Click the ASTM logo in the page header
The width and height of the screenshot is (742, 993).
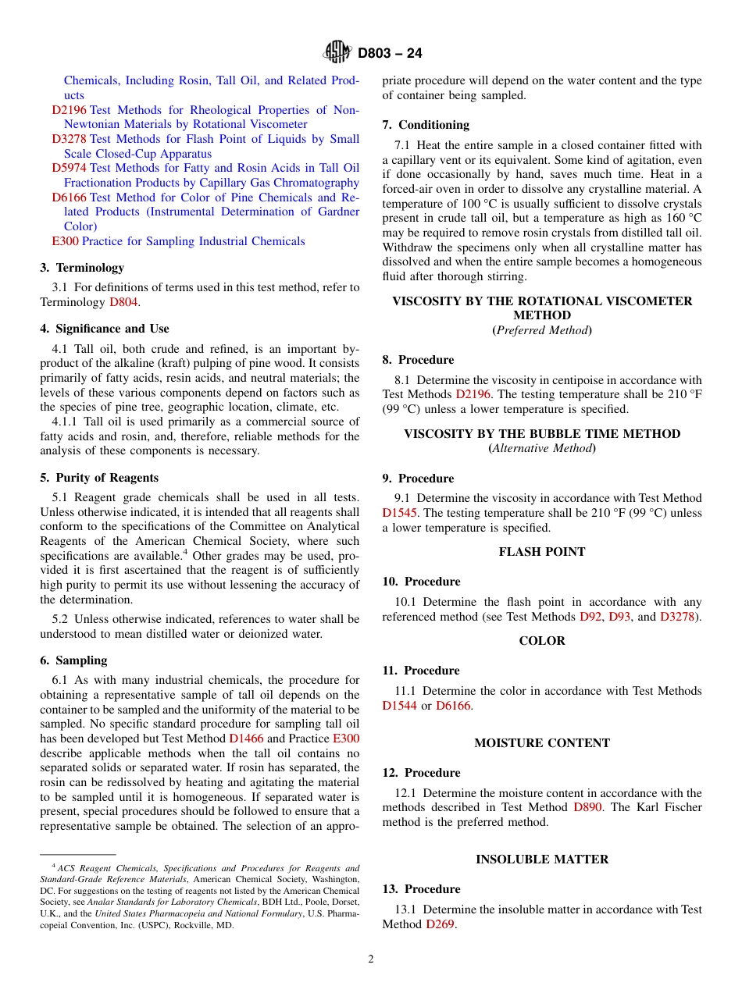337,52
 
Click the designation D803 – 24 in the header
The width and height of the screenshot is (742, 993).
390,53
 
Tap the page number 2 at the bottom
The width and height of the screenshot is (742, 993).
371,959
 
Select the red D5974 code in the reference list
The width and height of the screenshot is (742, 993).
69,168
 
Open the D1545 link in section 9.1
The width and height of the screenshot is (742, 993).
399,513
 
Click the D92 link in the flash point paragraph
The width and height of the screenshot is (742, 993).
590,617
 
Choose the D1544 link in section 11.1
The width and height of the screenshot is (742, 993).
399,706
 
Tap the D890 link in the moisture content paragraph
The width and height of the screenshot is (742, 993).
587,807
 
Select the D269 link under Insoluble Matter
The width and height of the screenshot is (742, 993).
440,924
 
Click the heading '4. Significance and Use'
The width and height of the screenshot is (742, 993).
105,329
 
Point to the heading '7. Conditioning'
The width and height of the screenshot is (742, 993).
426,125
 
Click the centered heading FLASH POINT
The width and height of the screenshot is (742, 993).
542,552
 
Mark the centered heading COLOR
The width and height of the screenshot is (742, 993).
542,641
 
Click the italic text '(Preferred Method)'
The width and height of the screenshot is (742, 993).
542,330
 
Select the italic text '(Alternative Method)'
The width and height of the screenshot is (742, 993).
542,448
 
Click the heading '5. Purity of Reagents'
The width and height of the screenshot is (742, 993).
99,478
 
